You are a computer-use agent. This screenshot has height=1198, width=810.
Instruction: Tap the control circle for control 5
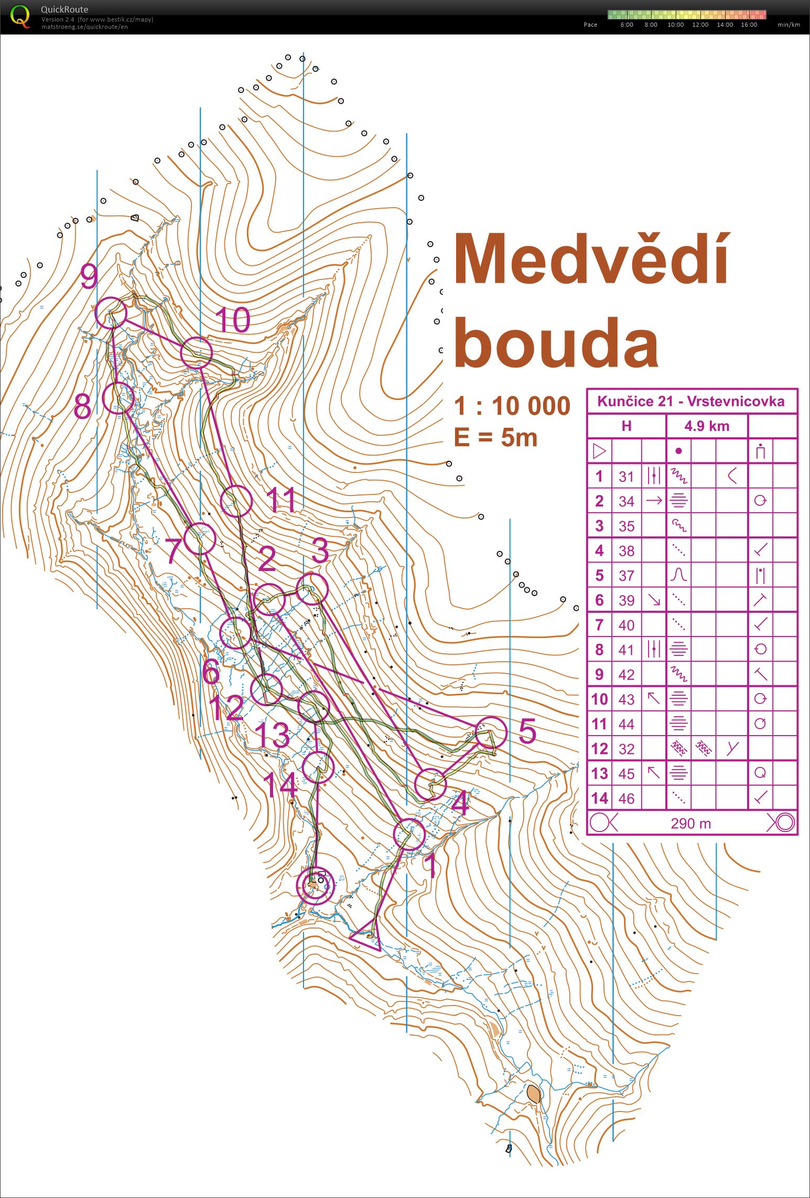(x=491, y=733)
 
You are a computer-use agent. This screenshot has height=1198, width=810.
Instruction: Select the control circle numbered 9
(x=111, y=313)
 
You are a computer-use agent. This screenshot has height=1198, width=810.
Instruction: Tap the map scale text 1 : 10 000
(x=512, y=406)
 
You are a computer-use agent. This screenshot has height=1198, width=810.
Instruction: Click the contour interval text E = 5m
(x=495, y=437)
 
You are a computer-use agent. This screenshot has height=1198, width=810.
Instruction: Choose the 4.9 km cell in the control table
(x=706, y=426)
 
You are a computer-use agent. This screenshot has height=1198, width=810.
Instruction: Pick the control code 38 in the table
(x=626, y=551)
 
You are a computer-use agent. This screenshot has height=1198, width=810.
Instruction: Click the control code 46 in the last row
(x=626, y=798)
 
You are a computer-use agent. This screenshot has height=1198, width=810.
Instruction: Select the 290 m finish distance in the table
(x=690, y=824)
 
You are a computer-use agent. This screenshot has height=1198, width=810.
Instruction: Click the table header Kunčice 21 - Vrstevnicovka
(x=690, y=402)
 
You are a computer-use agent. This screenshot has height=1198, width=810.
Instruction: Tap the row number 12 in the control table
(x=599, y=749)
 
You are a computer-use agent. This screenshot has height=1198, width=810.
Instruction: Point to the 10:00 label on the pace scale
(x=675, y=25)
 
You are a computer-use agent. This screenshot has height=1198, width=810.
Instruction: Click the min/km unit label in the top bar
(x=789, y=25)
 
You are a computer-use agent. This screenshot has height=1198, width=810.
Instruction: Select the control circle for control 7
(x=200, y=538)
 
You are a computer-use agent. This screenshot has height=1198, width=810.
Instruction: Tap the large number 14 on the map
(x=280, y=785)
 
